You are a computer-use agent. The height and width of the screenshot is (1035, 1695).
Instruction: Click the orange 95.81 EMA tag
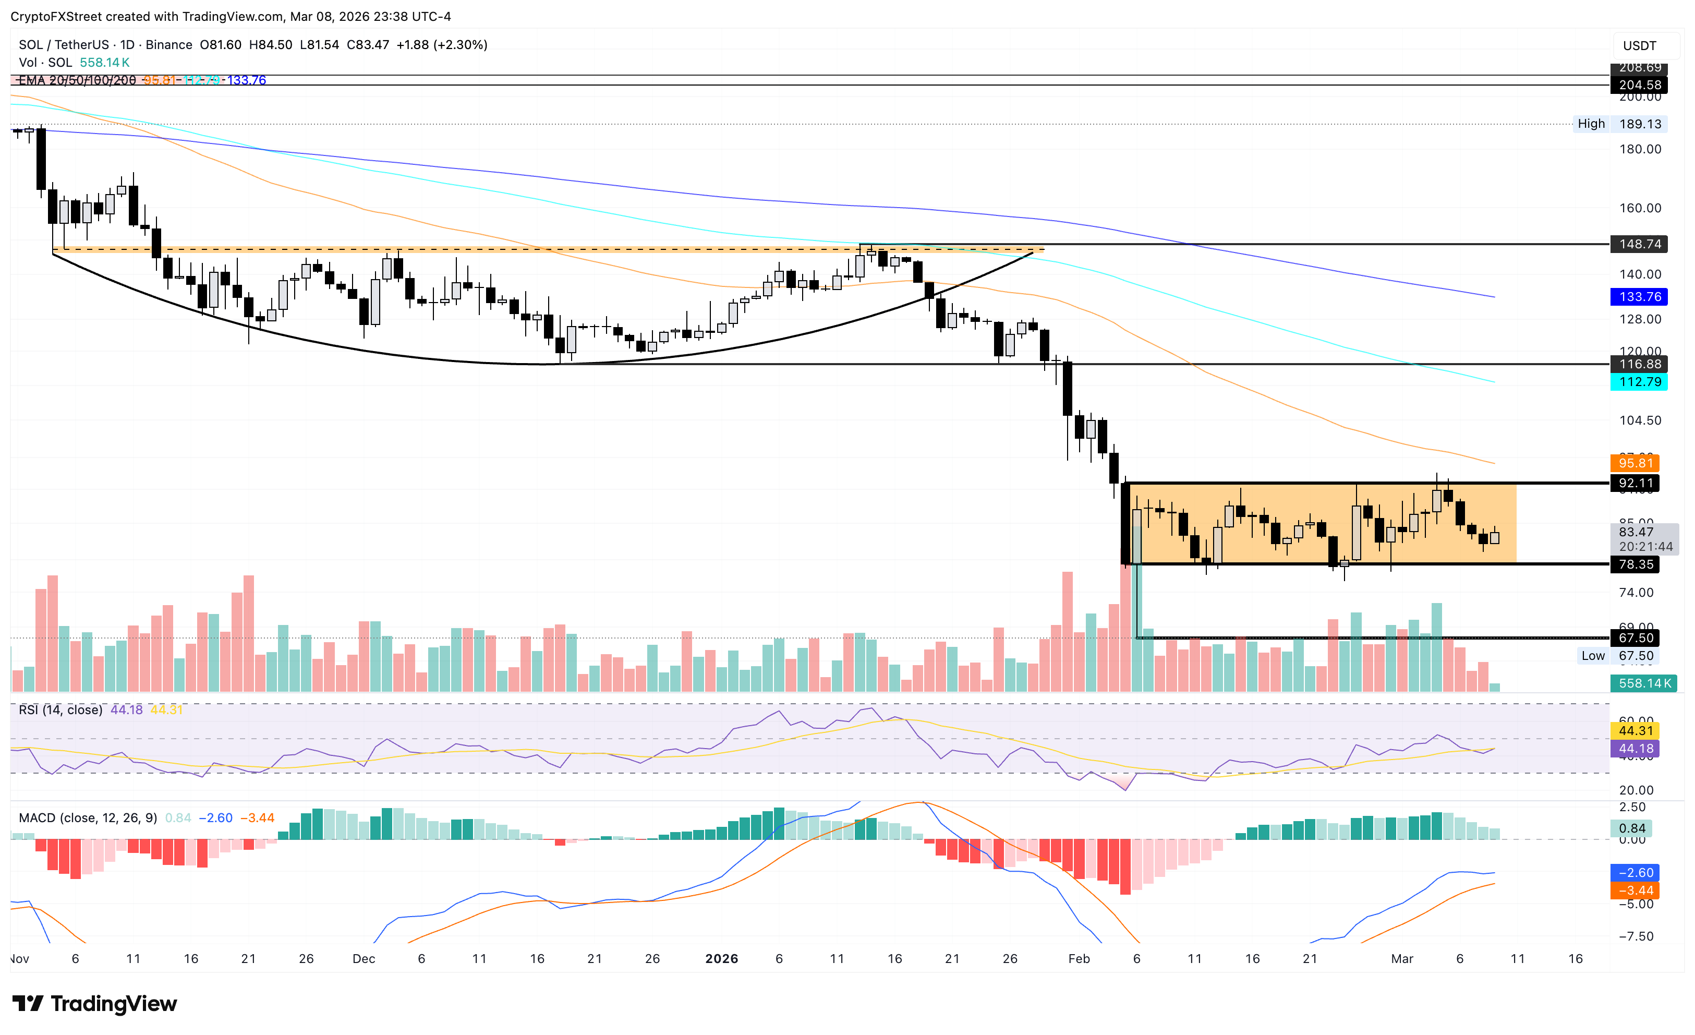click(1635, 463)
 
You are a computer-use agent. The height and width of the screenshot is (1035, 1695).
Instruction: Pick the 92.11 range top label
click(1635, 483)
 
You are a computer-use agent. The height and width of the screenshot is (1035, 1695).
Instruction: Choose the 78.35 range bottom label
click(1635, 564)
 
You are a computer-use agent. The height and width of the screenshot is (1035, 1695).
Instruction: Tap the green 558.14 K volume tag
click(1643, 683)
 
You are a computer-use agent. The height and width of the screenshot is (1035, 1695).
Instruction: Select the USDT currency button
click(1639, 46)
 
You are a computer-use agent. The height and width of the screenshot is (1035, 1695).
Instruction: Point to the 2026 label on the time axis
click(722, 959)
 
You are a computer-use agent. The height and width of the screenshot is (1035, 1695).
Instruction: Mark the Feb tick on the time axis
click(1079, 959)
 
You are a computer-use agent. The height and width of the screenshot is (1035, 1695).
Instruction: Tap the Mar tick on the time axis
click(1402, 959)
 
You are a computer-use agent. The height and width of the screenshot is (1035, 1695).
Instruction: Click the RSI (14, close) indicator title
click(60, 709)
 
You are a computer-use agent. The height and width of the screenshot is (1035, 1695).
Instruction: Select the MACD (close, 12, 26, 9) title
click(88, 817)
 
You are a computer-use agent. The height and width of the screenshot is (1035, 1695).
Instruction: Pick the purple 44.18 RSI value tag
click(1635, 749)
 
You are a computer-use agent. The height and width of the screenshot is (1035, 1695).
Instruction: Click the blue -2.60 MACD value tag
click(1635, 873)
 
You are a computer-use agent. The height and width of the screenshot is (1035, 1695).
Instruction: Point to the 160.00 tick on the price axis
click(1640, 208)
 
